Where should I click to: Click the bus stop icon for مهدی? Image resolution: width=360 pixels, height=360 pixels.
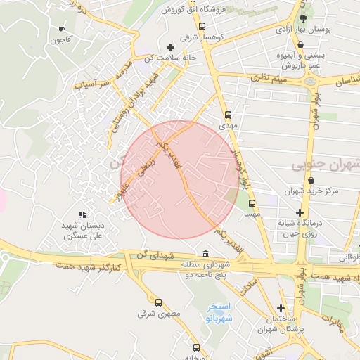coord(226,115)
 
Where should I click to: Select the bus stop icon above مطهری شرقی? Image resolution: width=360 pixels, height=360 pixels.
coord(158,302)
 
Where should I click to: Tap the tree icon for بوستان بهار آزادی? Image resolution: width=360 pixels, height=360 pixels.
coord(302,19)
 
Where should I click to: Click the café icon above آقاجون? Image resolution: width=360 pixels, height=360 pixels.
coord(61,30)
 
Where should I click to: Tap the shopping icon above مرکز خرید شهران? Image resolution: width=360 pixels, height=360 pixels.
coord(309,179)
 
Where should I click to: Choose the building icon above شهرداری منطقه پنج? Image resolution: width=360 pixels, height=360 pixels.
coord(205,254)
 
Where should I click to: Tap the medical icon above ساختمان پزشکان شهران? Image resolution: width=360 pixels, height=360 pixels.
coord(281,308)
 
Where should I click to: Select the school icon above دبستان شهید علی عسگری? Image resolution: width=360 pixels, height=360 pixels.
coord(82,214)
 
